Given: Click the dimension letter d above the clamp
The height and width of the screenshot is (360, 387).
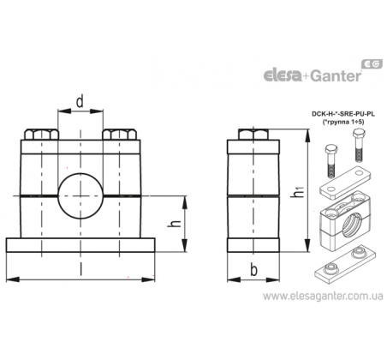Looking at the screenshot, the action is pyautogui.click(x=80, y=102).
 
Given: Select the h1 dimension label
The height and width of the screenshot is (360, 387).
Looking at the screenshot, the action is pyautogui.click(x=298, y=192).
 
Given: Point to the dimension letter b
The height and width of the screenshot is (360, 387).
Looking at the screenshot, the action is pyautogui.click(x=253, y=270).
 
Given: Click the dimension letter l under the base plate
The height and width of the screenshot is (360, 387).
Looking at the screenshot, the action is pyautogui.click(x=80, y=269).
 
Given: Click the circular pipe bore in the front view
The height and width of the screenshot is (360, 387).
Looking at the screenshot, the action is pyautogui.click(x=80, y=196).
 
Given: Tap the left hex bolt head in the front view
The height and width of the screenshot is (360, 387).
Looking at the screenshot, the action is pyautogui.click(x=40, y=135).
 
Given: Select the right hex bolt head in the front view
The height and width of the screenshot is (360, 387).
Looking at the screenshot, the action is pyautogui.click(x=119, y=135).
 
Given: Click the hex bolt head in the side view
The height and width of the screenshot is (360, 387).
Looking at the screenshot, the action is pyautogui.click(x=253, y=135).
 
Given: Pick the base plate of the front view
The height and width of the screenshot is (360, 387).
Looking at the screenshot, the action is pyautogui.click(x=80, y=245).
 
